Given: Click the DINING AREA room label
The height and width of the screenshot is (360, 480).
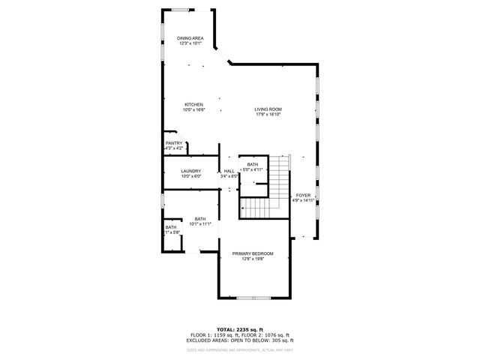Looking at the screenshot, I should click(190, 38).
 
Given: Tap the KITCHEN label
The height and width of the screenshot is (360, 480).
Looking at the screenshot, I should click(194, 104).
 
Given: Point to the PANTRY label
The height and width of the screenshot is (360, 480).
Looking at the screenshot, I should click(174, 143).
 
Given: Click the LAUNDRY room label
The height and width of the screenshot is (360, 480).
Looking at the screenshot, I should click(191, 171).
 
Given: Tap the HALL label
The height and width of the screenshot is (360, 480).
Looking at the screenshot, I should click(229, 171).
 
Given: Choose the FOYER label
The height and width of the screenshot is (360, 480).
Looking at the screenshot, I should click(303, 195).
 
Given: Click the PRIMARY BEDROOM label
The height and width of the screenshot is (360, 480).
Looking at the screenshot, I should click(252, 253).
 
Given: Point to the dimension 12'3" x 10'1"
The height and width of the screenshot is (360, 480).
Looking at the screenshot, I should click(190, 43).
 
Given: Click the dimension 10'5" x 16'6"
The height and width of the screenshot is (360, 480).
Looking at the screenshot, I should click(193, 109).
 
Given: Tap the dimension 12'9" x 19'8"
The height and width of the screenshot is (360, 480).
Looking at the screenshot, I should click(252, 259).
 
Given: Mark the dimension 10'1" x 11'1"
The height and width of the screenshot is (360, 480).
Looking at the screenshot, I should click(200, 223).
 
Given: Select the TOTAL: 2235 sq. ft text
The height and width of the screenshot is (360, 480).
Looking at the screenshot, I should click(240, 329).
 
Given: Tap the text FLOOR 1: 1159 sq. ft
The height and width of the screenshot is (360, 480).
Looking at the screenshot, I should click(215, 334).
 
